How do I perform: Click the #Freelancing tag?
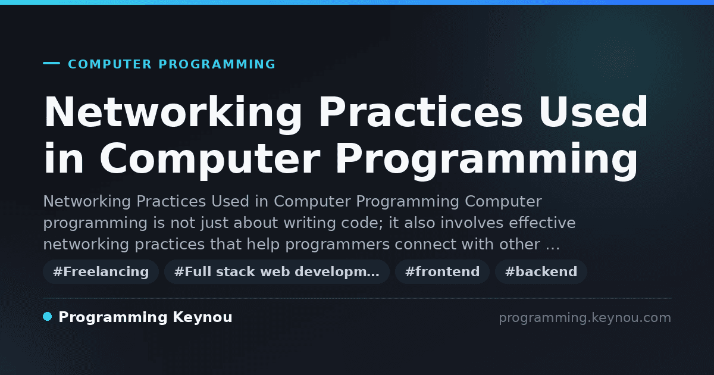click(101, 271)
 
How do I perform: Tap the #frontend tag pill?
click(442, 271)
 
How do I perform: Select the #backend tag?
click(541, 271)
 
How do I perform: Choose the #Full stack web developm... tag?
click(277, 271)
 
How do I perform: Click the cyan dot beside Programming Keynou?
click(48, 317)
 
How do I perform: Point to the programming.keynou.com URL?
click(585, 318)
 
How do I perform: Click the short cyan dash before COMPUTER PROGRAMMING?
click(51, 63)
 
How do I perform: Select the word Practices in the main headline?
click(421, 112)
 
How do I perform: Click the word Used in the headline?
click(593, 112)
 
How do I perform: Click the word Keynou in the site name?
click(202, 317)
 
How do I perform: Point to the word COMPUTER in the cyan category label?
click(110, 64)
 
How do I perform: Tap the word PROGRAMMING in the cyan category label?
click(217, 64)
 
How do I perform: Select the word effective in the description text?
click(542, 223)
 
